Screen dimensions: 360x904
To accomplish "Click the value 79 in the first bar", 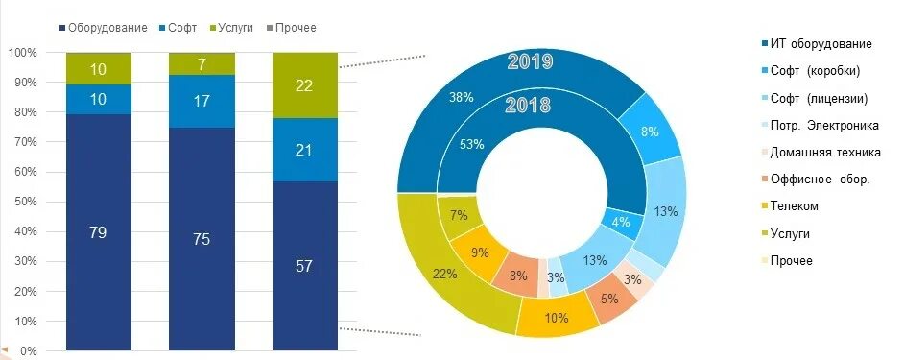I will pyautogui.click(x=98, y=231).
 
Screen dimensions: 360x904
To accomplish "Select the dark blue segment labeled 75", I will pyautogui.click(x=202, y=239).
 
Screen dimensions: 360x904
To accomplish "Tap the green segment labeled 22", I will pyautogui.click(x=305, y=86).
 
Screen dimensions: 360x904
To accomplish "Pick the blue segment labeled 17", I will pyautogui.click(x=202, y=100).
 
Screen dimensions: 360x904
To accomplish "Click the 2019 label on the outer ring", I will pyautogui.click(x=530, y=62).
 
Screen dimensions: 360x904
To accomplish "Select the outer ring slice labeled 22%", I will pyautogui.click(x=444, y=274).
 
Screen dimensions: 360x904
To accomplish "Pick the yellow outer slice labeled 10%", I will pyautogui.click(x=558, y=318).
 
